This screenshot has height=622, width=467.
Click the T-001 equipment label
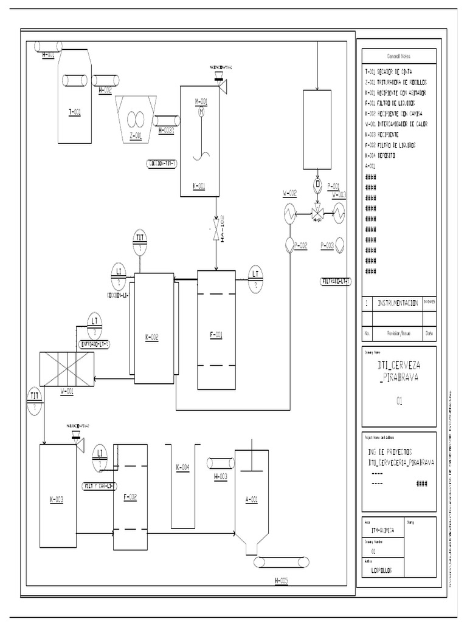pyautogui.click(x=74, y=112)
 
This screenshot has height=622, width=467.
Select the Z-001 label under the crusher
pyautogui.click(x=136, y=135)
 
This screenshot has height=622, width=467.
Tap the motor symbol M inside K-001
pyautogui.click(x=201, y=111)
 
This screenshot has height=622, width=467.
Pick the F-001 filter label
pyautogui.click(x=216, y=334)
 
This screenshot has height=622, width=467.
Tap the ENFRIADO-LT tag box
pyautogui.click(x=95, y=344)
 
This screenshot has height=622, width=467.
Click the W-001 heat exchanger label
pyautogui.click(x=67, y=391)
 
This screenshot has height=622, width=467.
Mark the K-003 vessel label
pyautogui.click(x=57, y=500)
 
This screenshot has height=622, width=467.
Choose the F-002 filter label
pyautogui.click(x=130, y=496)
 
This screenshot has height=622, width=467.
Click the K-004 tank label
pyautogui.click(x=182, y=467)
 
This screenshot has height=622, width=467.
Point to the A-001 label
pyautogui.click(x=251, y=499)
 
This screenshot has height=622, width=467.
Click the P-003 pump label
pyautogui.click(x=326, y=245)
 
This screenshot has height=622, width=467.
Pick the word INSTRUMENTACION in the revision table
pyautogui.click(x=398, y=303)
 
